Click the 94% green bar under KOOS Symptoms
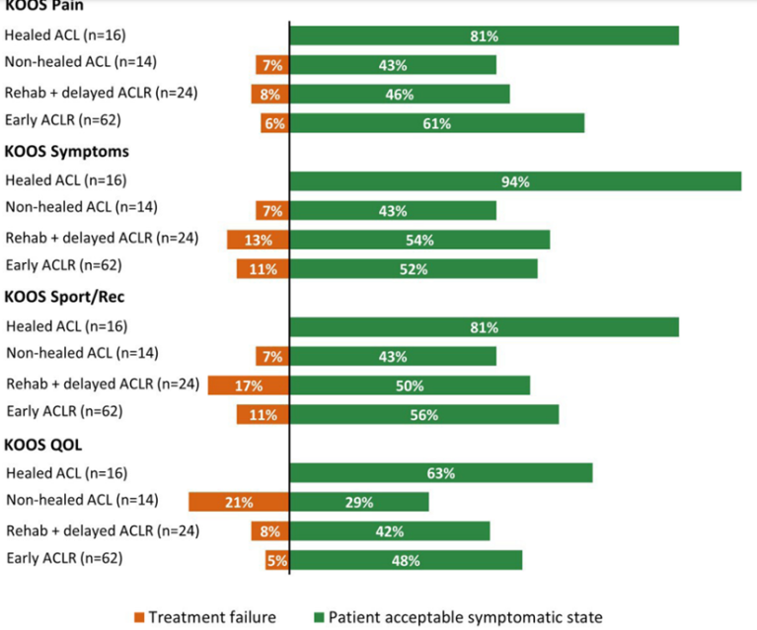tap(515, 181)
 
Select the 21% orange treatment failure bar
tap(239, 502)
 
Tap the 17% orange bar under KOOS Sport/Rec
tap(248, 385)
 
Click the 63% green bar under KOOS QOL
tap(441, 473)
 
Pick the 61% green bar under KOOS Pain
tap(437, 123)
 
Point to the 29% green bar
tap(359, 502)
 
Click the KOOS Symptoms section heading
tap(67, 152)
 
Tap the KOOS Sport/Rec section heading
tap(64, 297)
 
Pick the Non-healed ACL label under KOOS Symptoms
tap(80, 208)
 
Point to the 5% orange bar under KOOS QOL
tap(277, 560)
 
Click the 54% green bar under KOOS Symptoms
tap(419, 240)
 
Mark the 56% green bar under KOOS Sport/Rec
tap(424, 414)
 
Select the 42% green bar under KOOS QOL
tap(390, 531)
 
